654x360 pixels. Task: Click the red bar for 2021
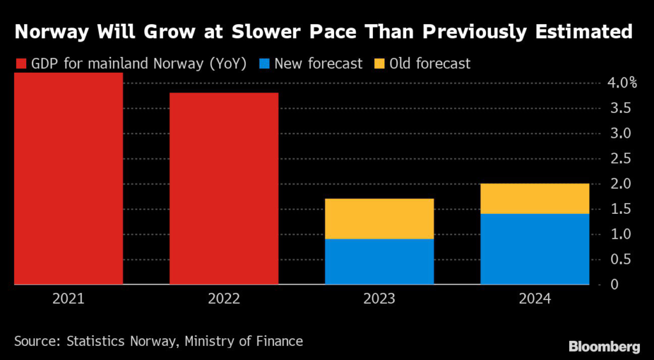point(68,179)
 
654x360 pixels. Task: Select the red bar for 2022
point(224,188)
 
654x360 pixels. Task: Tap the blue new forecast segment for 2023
point(379,262)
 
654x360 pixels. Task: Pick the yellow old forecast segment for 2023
point(379,219)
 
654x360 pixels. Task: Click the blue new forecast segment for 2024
point(535,249)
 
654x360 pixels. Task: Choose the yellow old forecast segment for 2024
point(535,199)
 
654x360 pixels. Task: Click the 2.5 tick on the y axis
point(619,159)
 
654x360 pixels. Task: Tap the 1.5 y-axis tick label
point(619,209)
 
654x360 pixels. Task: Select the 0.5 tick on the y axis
point(619,260)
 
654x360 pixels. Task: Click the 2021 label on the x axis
point(68,299)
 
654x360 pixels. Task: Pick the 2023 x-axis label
point(379,299)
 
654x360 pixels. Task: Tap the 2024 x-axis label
point(535,299)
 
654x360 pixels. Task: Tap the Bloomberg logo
point(604,347)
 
